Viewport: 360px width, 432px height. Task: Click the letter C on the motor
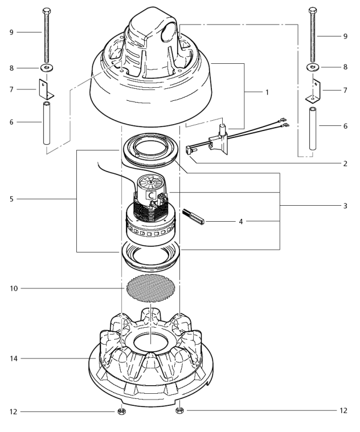click(152, 195)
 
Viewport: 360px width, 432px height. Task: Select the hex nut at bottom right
click(179, 410)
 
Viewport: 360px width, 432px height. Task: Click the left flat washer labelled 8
click(44, 68)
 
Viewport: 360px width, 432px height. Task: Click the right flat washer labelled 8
click(312, 67)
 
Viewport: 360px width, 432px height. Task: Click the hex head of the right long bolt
click(312, 10)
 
